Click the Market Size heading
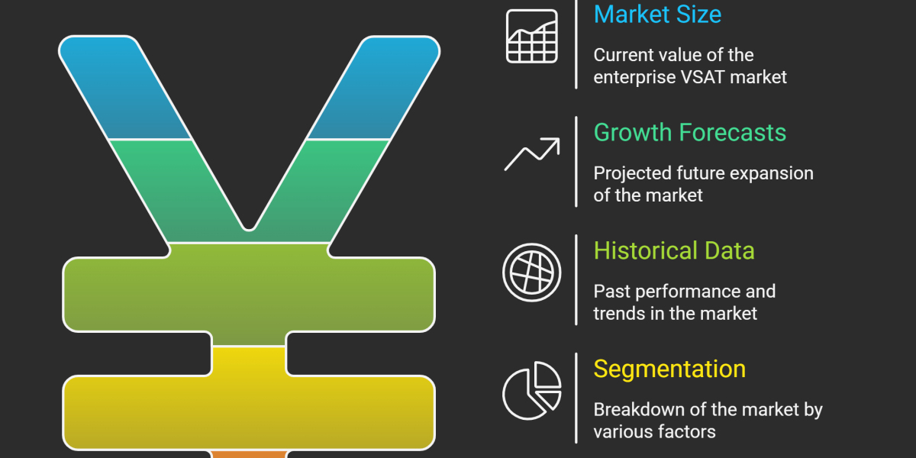657,15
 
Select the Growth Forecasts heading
690,133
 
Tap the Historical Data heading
674,250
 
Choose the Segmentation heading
669,369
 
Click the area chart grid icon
531,36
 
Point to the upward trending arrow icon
531,153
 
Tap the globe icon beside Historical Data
531,273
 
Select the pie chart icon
531,391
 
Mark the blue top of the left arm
123,88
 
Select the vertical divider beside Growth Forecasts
576,162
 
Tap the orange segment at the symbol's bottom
249,454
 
